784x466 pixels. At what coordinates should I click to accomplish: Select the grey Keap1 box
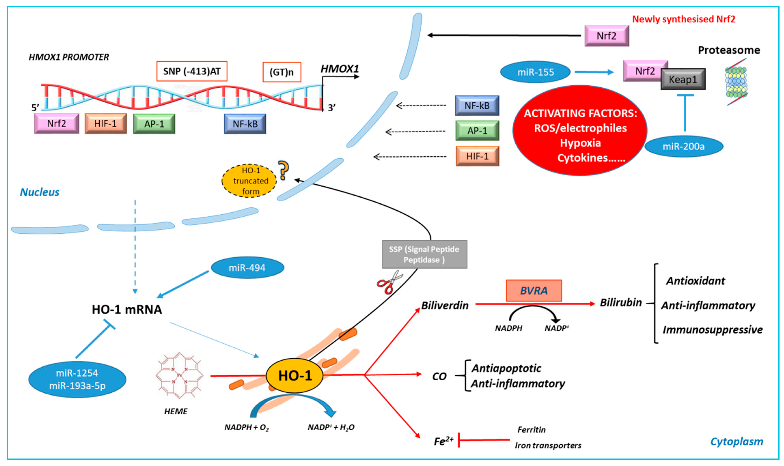tap(683, 79)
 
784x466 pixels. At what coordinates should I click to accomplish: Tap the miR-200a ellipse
tap(683, 146)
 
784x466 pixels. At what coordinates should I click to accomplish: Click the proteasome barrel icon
tap(736, 82)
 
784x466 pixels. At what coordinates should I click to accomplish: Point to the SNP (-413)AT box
tap(192, 71)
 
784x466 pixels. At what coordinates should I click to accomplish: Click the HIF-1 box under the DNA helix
tap(105, 124)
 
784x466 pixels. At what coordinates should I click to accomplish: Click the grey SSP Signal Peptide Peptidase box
tap(424, 254)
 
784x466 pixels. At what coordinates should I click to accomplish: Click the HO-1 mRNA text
tap(127, 310)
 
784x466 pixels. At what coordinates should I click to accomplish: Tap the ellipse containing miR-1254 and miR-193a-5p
tap(77, 379)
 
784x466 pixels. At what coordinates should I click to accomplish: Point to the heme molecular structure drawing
tap(179, 375)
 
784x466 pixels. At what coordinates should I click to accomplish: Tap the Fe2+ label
tap(443, 441)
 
